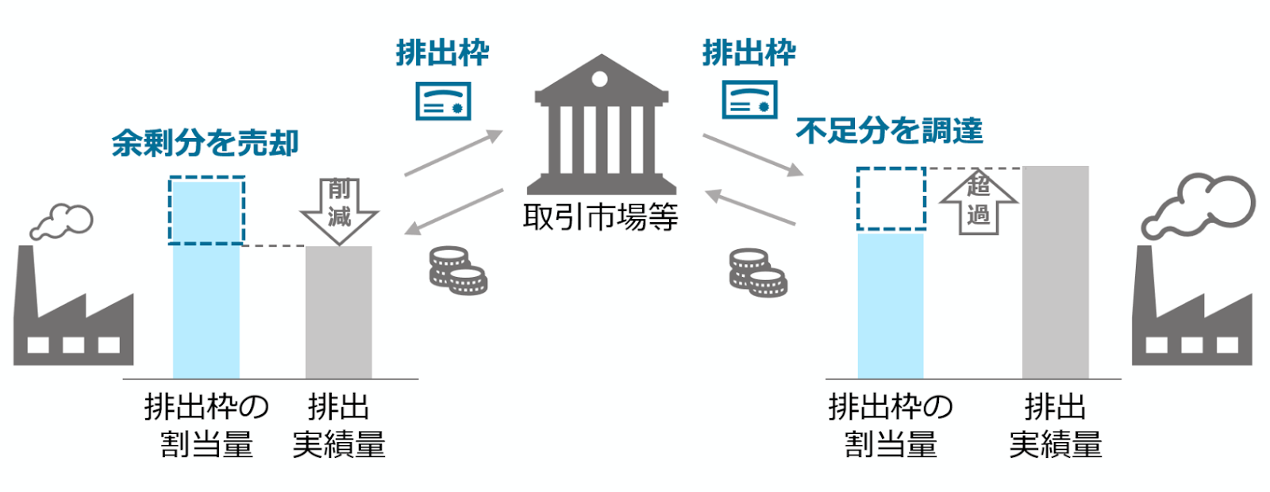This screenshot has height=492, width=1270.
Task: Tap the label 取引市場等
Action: [601, 217]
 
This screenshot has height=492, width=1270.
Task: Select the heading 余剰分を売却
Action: [205, 143]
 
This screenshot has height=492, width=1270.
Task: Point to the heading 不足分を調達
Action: [889, 131]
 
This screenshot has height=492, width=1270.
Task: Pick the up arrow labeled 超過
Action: [978, 202]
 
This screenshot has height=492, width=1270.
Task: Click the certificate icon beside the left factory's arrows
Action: [443, 101]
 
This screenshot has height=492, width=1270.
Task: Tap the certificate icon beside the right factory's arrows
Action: [749, 100]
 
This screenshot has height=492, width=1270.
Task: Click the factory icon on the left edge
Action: [73, 317]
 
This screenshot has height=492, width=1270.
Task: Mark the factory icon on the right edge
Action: [1191, 317]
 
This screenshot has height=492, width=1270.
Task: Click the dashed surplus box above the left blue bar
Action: [206, 210]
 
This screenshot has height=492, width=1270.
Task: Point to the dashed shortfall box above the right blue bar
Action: [891, 198]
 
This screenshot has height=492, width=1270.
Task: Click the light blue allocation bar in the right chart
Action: [891, 306]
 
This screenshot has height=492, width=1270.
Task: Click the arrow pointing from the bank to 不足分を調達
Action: [752, 155]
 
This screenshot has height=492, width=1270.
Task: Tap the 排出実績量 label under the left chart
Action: [339, 426]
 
